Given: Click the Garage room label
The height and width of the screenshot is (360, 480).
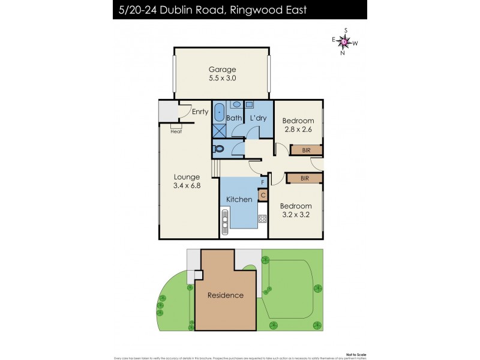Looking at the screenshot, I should click(222, 69).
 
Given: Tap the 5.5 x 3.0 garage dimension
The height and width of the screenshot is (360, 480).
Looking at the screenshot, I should click(222, 79).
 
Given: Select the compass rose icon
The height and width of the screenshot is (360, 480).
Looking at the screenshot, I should click(344, 41).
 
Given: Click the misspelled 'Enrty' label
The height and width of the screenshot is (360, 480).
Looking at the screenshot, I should click(200, 112).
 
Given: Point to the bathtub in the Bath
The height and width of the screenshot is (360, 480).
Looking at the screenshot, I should click(220, 112).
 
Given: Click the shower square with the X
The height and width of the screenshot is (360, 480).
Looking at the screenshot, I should click(219, 130).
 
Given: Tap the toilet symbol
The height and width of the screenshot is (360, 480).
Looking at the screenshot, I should click(219, 148).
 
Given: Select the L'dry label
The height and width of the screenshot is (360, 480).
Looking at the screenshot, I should click(257, 118).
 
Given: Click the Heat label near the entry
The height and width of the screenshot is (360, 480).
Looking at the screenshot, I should click(176, 131).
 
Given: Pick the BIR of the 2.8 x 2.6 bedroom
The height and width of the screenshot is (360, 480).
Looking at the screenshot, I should click(306, 149).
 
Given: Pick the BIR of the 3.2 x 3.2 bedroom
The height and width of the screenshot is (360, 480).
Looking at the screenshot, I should click(305, 178).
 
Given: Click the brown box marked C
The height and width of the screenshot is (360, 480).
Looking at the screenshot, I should click(263, 194).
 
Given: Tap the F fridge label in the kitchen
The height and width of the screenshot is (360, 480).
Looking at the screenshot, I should click(262, 182).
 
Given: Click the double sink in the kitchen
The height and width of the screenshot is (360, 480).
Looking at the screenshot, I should click(226, 224).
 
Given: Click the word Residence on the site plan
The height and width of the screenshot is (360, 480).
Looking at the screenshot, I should click(226, 295).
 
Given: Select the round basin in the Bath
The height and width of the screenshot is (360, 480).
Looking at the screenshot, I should click(236, 104).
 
